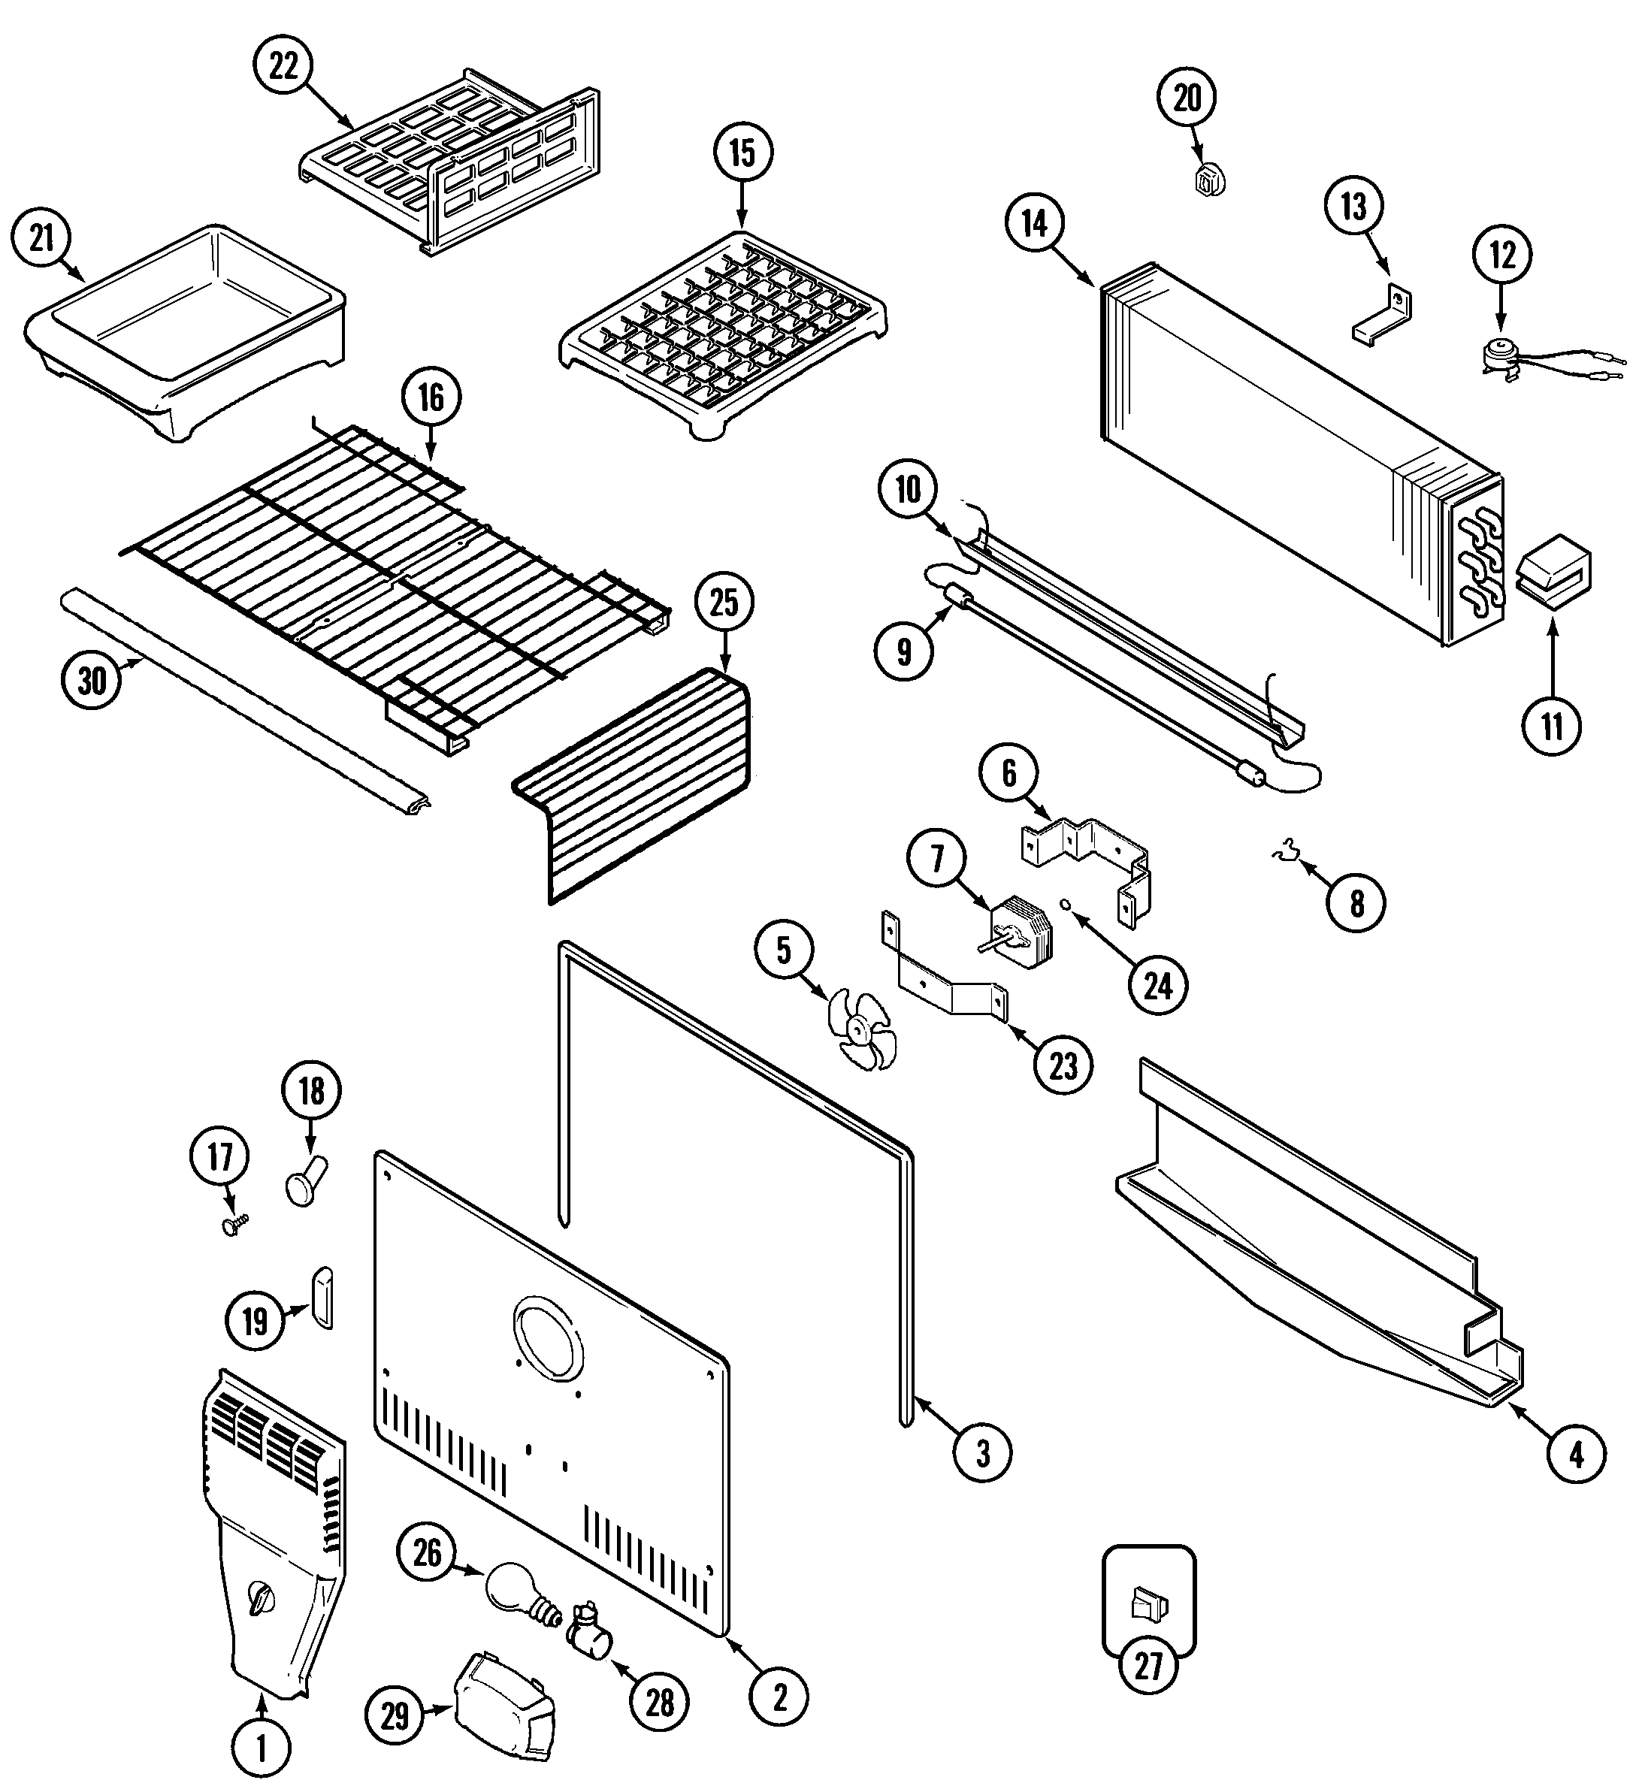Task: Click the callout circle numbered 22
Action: coord(283,67)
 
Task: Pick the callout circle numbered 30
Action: coord(92,681)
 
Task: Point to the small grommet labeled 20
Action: coord(1206,180)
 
